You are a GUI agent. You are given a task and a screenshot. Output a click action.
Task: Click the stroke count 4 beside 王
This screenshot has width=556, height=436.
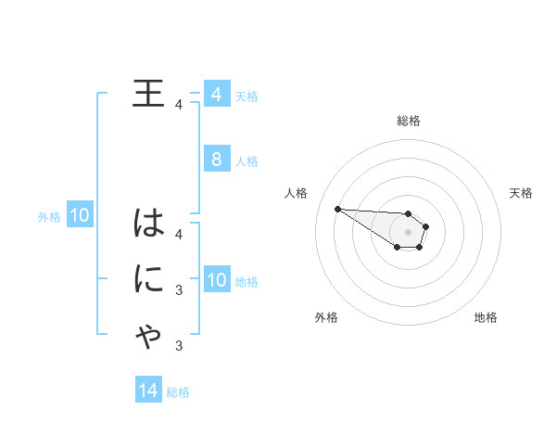[x=178, y=105]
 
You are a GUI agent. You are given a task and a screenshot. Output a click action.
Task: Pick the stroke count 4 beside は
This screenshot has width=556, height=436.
[x=178, y=234]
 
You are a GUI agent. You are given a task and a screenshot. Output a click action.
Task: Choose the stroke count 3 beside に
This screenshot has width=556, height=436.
[x=178, y=290]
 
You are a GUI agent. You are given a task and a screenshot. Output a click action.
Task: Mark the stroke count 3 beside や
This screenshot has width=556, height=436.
[x=178, y=347]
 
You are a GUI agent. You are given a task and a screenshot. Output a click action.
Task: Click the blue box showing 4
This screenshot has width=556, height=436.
[x=216, y=95]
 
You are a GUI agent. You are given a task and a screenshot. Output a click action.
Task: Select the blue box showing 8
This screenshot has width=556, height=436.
[x=216, y=160]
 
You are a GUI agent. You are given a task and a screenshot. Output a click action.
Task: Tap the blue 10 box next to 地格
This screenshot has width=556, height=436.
[x=216, y=280]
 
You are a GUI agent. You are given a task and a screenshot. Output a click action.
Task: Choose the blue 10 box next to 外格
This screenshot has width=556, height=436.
[x=80, y=216]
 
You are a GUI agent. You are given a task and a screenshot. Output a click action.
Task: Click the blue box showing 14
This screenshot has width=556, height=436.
[x=147, y=391]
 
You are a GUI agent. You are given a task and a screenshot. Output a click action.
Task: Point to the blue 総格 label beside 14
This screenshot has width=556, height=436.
[x=178, y=392]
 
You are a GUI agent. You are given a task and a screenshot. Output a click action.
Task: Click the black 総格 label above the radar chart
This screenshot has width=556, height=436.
[x=409, y=121]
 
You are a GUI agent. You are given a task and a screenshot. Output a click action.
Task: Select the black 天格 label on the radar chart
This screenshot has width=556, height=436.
[x=521, y=193]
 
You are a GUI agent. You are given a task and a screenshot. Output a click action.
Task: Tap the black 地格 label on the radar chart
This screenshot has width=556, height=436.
[x=486, y=317]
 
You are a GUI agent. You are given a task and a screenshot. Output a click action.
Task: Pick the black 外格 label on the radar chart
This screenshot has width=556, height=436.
[x=326, y=317]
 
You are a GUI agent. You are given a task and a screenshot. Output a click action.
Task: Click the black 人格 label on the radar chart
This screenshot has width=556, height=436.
[x=297, y=193]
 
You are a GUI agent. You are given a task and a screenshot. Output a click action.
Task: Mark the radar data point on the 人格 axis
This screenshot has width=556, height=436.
[x=338, y=209]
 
